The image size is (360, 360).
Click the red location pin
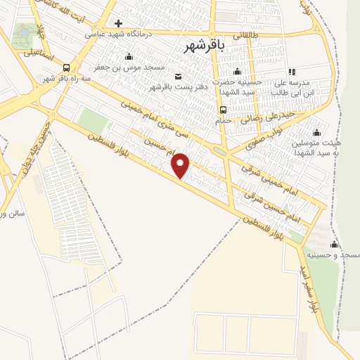click(x=181, y=165)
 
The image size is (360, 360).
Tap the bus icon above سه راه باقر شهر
click(x=66, y=68)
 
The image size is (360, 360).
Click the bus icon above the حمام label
click(x=223, y=110)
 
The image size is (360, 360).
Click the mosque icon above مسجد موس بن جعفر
click(x=128, y=58)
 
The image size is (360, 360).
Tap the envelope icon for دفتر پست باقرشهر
click(x=176, y=76)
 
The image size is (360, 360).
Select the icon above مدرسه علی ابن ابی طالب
click(x=292, y=72)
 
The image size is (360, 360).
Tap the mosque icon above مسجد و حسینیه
click(x=334, y=245)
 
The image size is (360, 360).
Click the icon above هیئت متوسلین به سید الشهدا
click(x=316, y=132)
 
